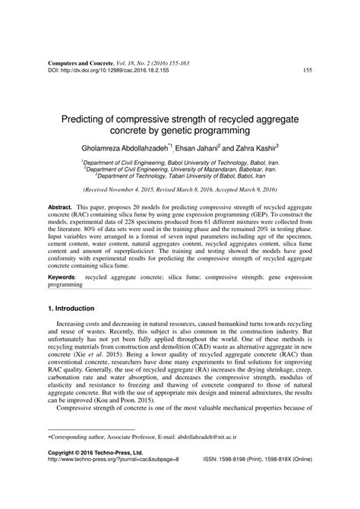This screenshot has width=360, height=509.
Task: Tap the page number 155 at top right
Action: pyautogui.click(x=308, y=71)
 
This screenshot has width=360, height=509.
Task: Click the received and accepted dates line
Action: pyautogui.click(x=179, y=191)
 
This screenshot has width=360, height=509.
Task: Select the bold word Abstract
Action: pyautogui.click(x=60, y=207)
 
